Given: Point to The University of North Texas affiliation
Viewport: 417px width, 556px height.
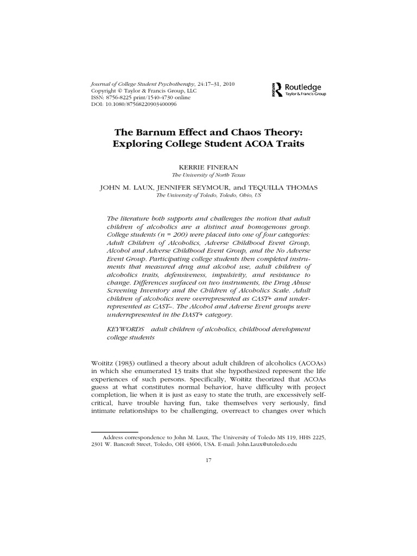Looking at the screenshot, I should tap(208, 175).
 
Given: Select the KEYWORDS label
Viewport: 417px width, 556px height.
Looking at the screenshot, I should tap(125, 329).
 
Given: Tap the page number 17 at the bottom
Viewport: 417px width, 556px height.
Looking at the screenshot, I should tap(208, 460).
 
